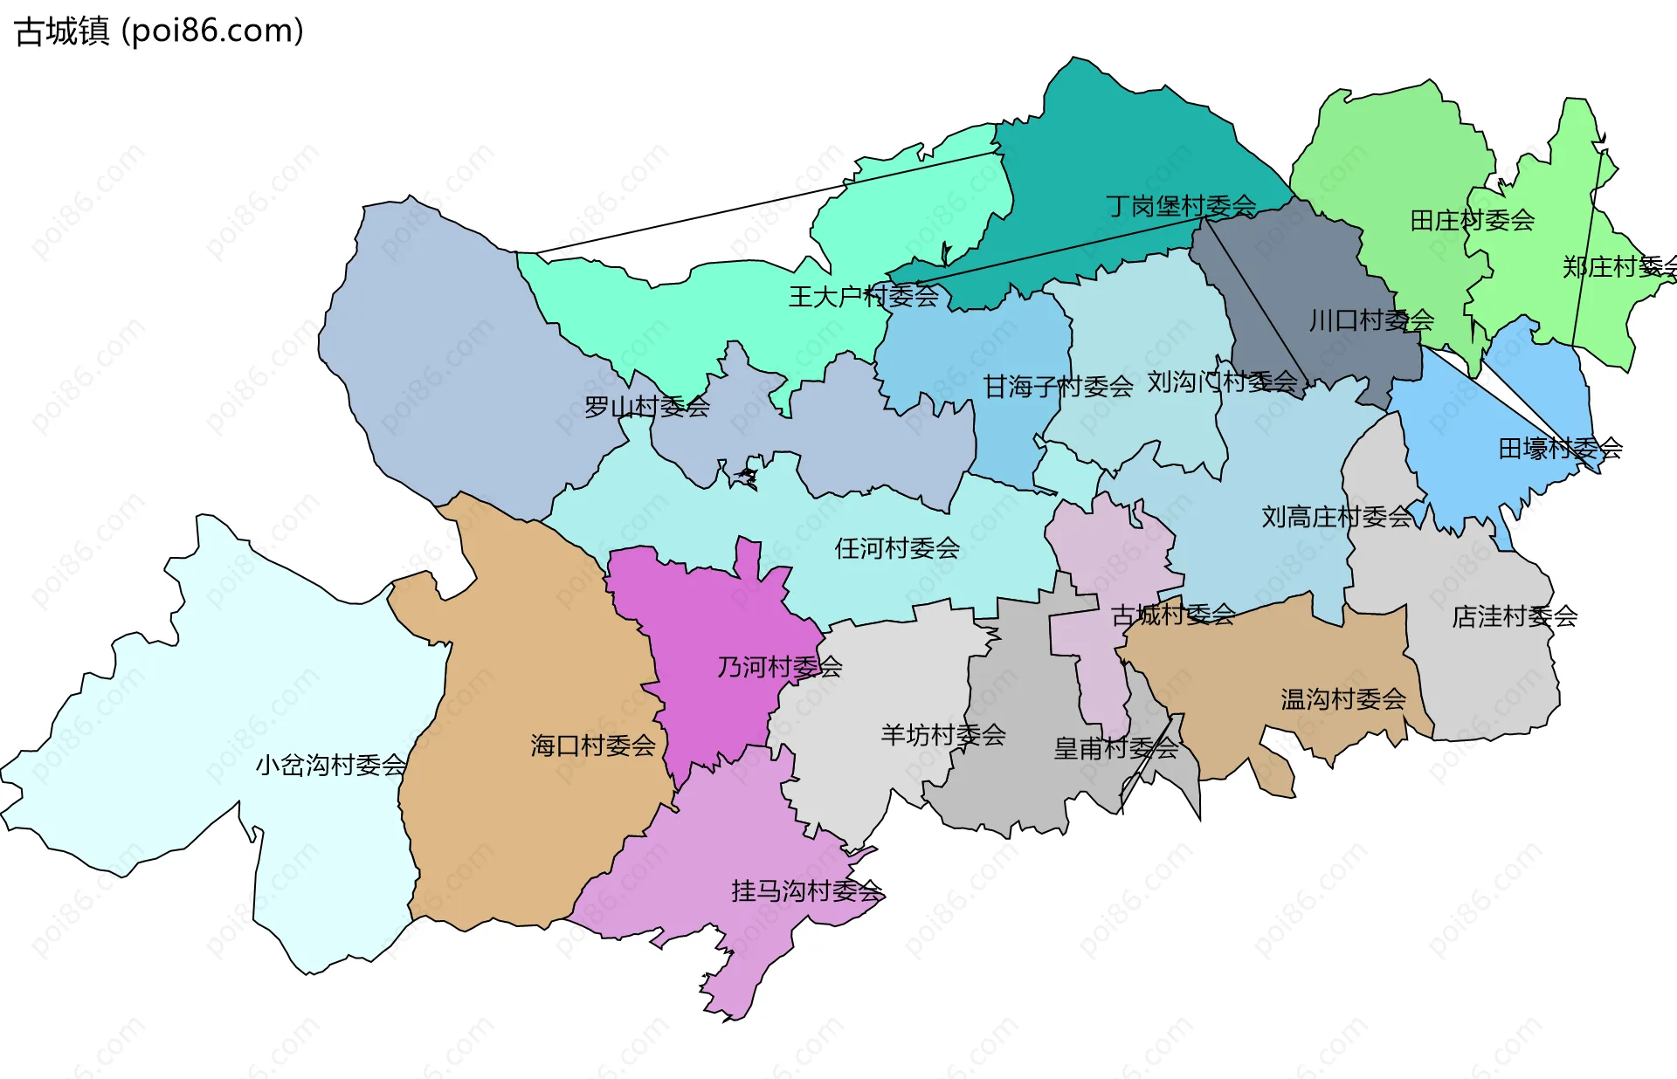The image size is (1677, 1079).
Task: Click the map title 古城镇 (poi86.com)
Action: click(159, 31)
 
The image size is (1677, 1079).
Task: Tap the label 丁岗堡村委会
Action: click(1181, 206)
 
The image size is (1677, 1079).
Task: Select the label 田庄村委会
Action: click(1472, 220)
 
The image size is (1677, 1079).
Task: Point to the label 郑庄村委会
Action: click(1618, 267)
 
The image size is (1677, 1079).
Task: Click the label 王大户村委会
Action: click(863, 297)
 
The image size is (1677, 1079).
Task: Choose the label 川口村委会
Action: click(1371, 320)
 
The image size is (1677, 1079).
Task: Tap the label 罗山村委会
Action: click(646, 407)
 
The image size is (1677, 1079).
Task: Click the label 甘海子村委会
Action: click(1058, 386)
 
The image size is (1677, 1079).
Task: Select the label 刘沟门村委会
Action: click(1222, 381)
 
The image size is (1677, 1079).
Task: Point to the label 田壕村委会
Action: click(1560, 449)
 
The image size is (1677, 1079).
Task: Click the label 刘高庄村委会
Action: click(1336, 517)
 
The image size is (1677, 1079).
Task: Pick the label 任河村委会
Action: click(897, 548)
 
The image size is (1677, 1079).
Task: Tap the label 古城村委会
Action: click(1172, 615)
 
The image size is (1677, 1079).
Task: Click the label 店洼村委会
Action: click(1514, 616)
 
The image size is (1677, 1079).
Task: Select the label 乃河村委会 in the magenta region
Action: click(779, 667)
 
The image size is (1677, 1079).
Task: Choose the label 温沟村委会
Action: click(1342, 699)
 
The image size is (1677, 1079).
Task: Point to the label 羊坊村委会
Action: click(942, 735)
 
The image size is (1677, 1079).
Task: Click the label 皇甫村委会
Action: click(1115, 748)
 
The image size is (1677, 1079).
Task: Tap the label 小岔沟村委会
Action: click(330, 766)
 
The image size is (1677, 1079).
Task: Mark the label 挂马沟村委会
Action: click(806, 891)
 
